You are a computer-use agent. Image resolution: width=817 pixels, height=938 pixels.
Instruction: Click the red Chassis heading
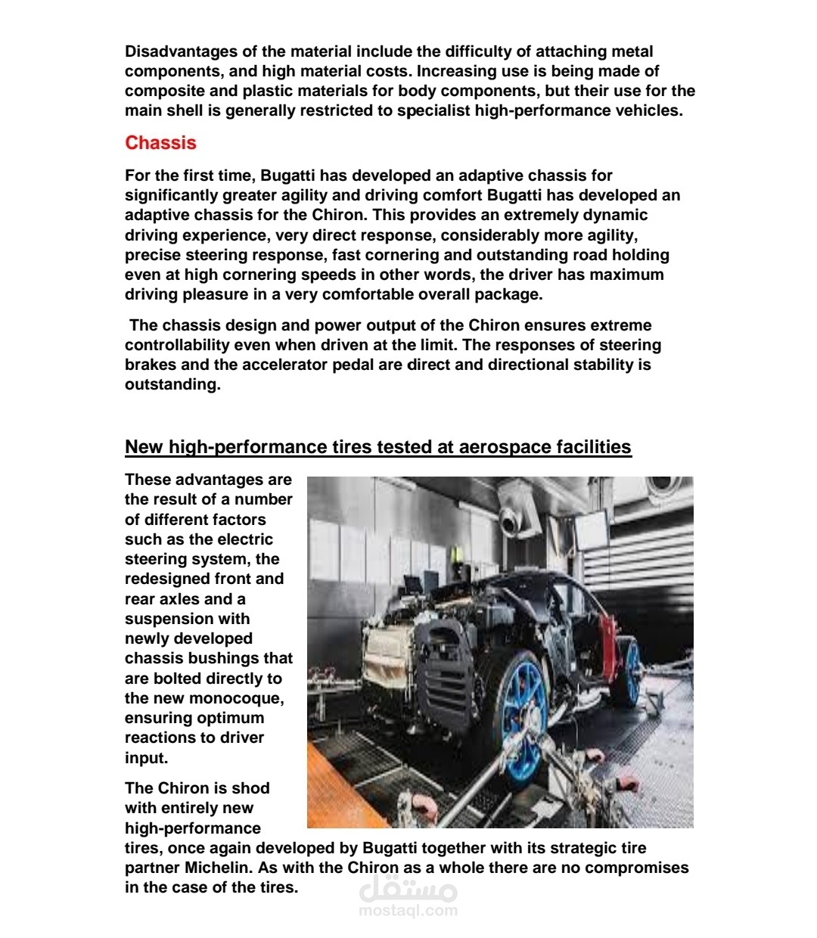click(160, 143)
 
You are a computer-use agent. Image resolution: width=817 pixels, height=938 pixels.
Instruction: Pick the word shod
click(252, 788)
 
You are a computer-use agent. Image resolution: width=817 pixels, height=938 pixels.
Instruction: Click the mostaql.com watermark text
click(408, 910)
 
